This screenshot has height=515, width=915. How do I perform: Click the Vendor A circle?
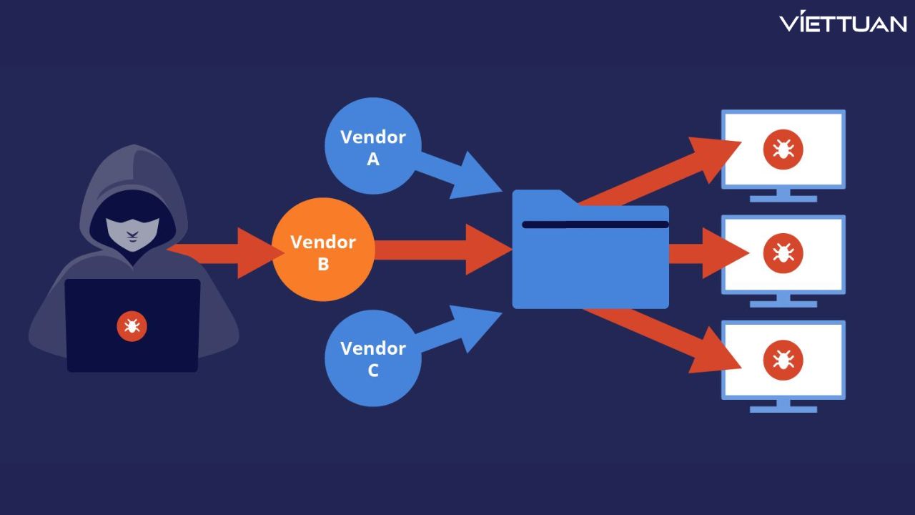[x=372, y=147]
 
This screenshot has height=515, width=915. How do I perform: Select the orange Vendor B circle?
[x=323, y=250]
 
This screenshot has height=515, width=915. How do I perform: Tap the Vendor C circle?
[x=372, y=358]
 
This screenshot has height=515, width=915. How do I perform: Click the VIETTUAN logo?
[x=843, y=23]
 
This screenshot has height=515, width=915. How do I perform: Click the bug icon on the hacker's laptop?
[x=132, y=326]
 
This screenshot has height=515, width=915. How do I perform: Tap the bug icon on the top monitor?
[x=783, y=149]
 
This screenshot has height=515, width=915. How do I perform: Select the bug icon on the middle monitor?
[x=783, y=252]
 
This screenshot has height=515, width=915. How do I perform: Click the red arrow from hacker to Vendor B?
[x=229, y=252]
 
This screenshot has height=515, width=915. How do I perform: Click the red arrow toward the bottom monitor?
[x=658, y=336]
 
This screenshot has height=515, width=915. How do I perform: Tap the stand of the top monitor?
[x=783, y=196]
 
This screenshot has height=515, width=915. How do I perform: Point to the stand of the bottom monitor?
[x=783, y=406]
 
